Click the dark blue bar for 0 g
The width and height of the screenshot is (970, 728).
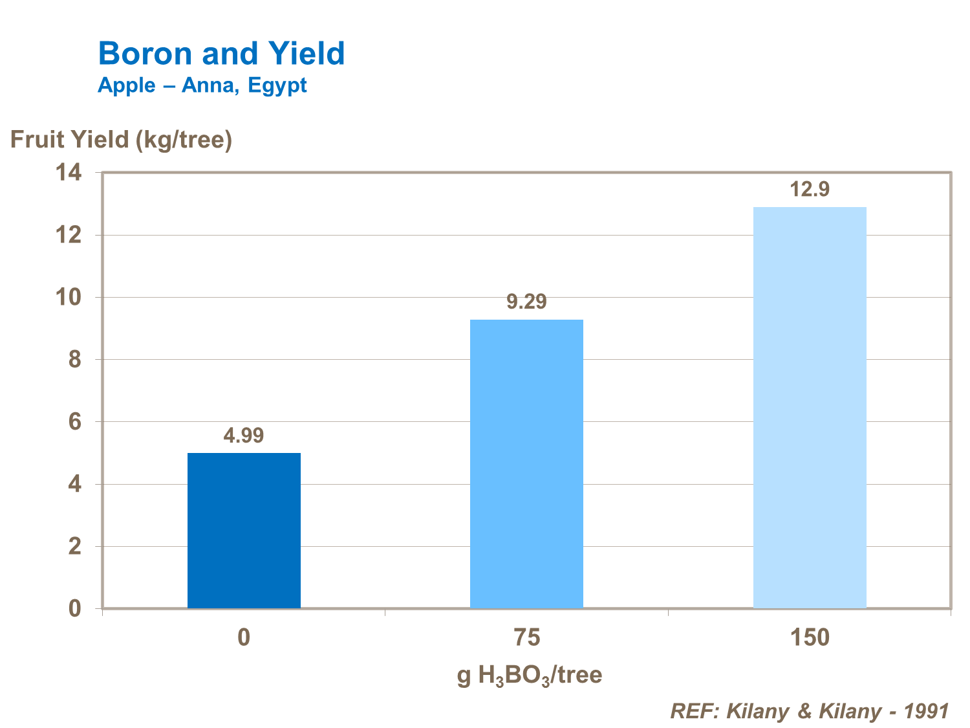click(244, 531)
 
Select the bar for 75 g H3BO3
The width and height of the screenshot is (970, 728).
click(526, 464)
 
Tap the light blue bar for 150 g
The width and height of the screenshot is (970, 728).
click(810, 408)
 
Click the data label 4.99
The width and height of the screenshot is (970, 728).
click(244, 436)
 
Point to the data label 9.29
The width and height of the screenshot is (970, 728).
click(526, 302)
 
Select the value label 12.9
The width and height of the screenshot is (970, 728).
click(810, 189)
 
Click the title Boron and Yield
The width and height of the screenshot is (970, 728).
click(221, 53)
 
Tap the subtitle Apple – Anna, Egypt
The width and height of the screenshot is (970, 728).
click(202, 85)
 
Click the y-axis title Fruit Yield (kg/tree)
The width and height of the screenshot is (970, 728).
click(121, 139)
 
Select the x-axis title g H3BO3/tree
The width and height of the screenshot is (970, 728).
click(529, 676)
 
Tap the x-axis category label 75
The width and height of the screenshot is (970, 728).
click(526, 638)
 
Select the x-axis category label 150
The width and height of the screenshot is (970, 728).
click(810, 638)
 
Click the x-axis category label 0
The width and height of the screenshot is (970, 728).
click(244, 638)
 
